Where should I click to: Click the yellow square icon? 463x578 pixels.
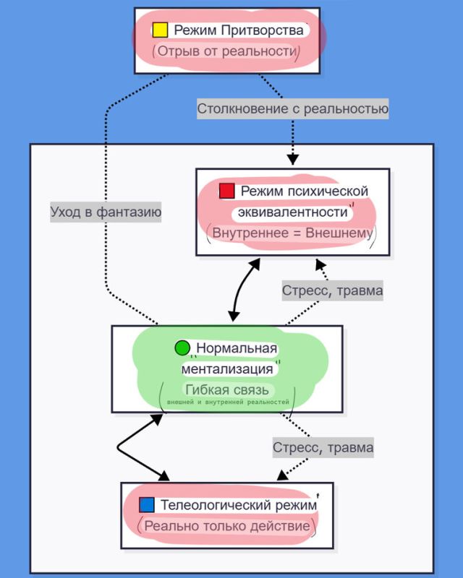(x=160, y=30)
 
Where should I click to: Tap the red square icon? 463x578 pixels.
(x=227, y=191)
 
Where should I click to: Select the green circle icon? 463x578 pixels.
(x=182, y=348)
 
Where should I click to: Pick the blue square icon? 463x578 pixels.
(x=147, y=504)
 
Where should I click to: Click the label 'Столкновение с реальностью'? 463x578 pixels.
(x=293, y=109)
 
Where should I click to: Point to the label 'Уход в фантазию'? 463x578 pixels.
(x=106, y=212)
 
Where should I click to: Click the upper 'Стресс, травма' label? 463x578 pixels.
(x=332, y=290)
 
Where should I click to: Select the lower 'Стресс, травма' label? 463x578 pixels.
(x=323, y=447)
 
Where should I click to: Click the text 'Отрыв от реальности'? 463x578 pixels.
(x=226, y=53)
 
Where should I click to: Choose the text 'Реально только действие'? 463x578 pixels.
(x=226, y=525)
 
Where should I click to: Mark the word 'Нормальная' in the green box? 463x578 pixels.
(x=237, y=349)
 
